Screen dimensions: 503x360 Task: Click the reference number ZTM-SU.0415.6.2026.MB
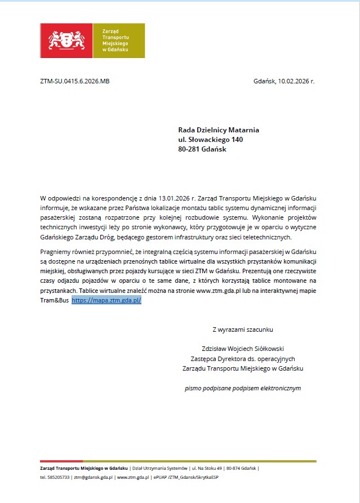[x=74, y=81]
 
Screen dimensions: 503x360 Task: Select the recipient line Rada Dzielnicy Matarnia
[x=219, y=130]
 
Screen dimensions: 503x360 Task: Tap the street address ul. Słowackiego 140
[x=211, y=140]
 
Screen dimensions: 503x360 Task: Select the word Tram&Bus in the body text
[x=55, y=301]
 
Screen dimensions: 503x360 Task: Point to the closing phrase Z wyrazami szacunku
[x=243, y=330]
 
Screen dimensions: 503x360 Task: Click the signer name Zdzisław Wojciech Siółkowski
[x=243, y=349]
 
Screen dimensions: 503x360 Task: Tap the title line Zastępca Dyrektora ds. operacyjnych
[x=243, y=359]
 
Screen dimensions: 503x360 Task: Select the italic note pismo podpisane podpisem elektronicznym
[x=243, y=388]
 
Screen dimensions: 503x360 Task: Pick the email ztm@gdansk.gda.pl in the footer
[x=90, y=477]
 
